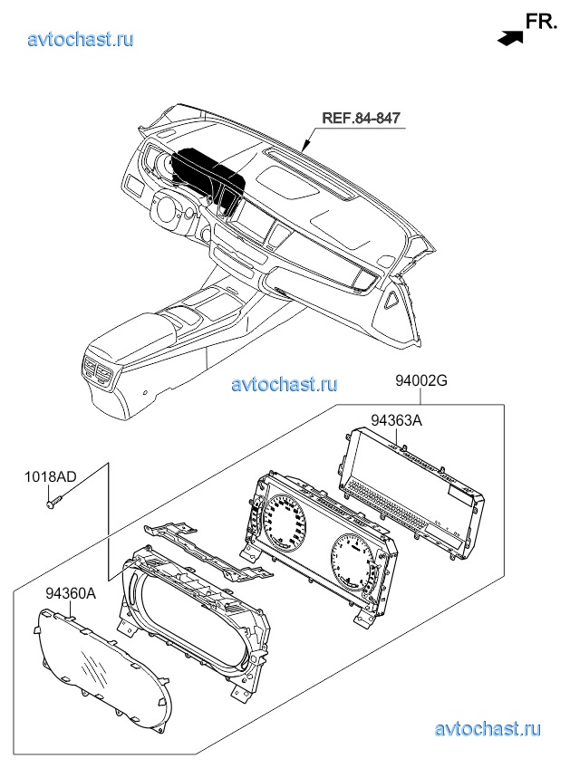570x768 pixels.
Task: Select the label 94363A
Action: point(396,420)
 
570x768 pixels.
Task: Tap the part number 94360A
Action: point(71,593)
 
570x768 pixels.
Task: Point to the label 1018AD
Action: point(51,476)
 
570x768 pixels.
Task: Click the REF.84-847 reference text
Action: point(361,118)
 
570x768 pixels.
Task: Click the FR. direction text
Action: point(541,22)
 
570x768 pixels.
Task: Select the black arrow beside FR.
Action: point(510,38)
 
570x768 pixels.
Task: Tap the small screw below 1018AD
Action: point(53,501)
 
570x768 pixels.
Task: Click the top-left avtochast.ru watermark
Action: point(81,39)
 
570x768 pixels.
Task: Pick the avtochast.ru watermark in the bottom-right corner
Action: point(488,729)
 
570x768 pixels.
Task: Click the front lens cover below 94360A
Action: point(105,671)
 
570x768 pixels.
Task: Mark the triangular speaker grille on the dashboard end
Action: point(392,300)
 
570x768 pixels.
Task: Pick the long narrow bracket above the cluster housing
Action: point(208,552)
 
